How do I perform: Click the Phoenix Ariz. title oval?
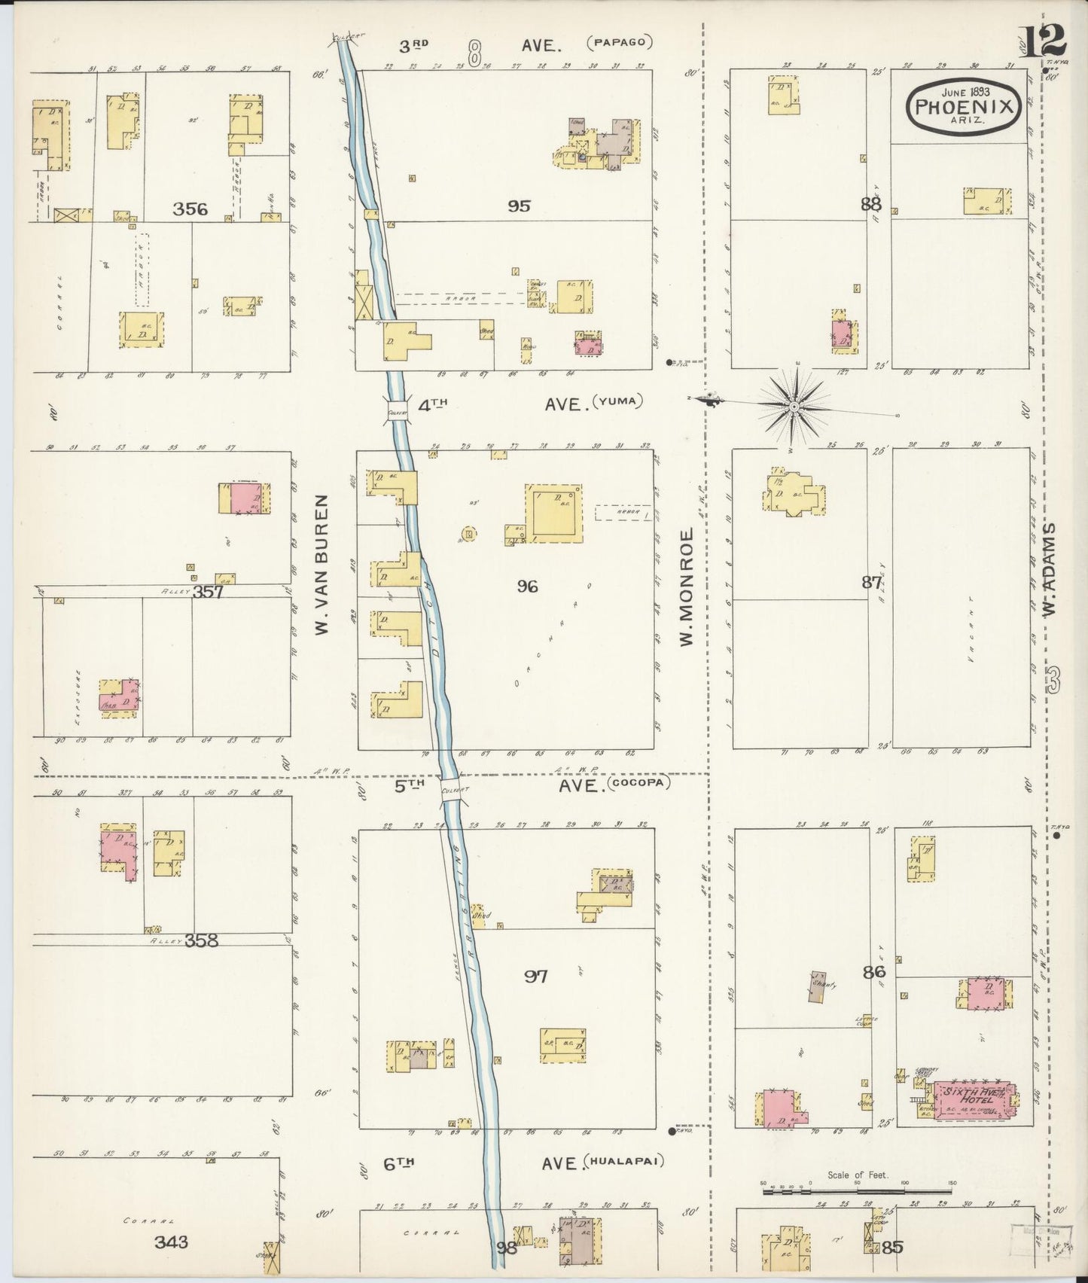pyautogui.click(x=963, y=108)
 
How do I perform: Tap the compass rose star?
pyautogui.click(x=794, y=407)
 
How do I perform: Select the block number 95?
pyautogui.click(x=520, y=205)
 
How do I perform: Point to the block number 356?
pyautogui.click(x=190, y=209)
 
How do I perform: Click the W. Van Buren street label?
pyautogui.click(x=322, y=564)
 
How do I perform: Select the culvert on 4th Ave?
pyautogui.click(x=398, y=411)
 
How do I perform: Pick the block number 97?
pyautogui.click(x=536, y=977)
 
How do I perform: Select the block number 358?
pyautogui.click(x=201, y=940)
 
